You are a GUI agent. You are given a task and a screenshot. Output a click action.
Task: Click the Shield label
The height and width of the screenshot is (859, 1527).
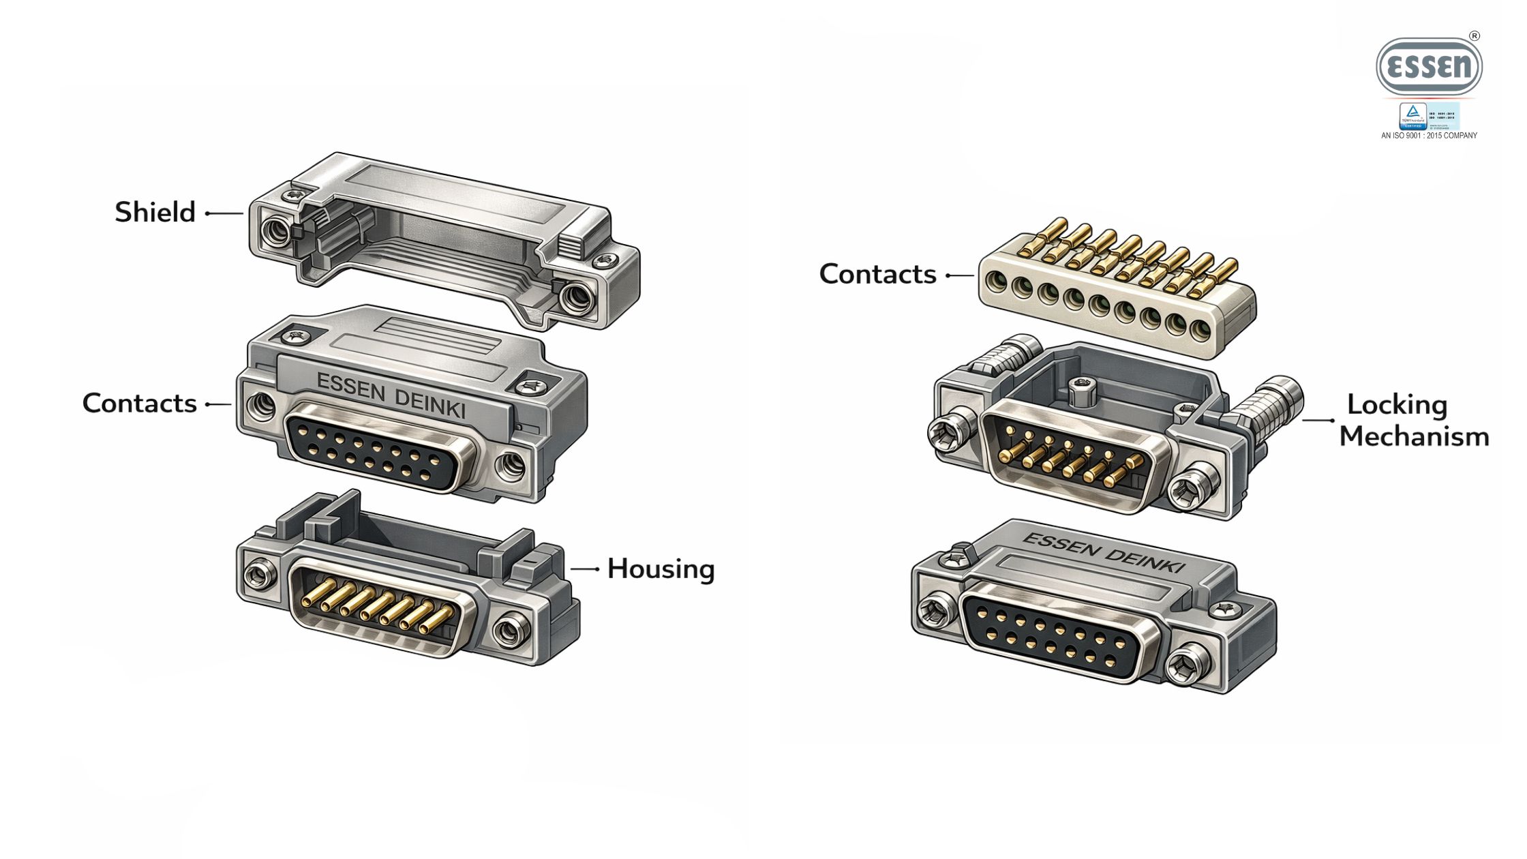[155, 212]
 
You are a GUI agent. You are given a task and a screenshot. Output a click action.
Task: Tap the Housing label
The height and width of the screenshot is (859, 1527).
[661, 569]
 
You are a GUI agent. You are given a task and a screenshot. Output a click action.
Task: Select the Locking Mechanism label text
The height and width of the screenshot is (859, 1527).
[1413, 420]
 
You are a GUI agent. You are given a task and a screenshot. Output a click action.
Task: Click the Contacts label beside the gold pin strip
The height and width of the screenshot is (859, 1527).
[877, 274]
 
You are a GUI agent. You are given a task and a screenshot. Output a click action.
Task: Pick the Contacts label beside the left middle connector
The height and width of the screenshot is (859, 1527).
[140, 403]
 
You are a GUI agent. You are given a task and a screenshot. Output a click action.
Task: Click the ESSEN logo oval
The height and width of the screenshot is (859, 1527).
[1429, 67]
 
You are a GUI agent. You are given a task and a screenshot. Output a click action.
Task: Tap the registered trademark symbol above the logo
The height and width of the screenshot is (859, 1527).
[1475, 36]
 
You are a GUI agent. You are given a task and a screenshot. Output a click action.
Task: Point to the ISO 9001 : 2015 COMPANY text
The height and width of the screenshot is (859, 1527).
[1429, 136]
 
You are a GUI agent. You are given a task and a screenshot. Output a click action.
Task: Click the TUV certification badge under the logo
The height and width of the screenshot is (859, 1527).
[1412, 116]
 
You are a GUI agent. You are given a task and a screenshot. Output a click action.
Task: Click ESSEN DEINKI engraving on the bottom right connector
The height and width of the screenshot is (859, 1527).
[1104, 553]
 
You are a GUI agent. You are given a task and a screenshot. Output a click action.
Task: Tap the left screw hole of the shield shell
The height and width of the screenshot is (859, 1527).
[275, 232]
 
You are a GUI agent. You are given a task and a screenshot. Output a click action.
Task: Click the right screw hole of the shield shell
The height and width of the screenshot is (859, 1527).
[575, 298]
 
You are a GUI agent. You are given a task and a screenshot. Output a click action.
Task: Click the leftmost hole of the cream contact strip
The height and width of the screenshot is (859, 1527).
[996, 280]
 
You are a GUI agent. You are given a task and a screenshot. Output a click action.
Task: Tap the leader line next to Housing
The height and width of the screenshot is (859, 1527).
[584, 569]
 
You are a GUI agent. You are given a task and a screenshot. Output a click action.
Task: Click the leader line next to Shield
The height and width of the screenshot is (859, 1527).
[224, 213]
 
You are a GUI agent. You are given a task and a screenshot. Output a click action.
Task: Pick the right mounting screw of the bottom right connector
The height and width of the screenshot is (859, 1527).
[1186, 661]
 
